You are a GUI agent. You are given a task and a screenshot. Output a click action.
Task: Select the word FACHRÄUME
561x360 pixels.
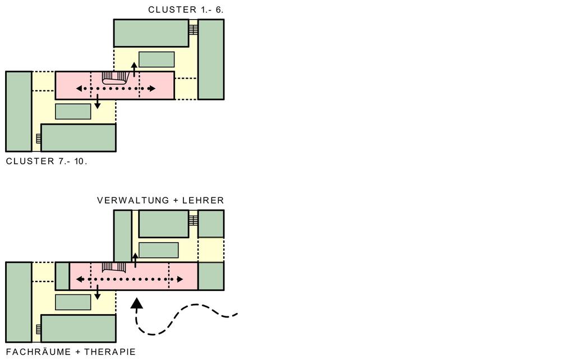pyautogui.click(x=39, y=352)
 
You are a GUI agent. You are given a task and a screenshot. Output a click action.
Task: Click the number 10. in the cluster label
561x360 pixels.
pyautogui.click(x=80, y=161)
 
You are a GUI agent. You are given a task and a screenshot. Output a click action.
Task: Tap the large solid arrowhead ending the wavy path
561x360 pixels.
pyautogui.click(x=136, y=304)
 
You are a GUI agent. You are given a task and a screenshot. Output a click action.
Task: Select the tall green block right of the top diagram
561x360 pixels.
pyautogui.click(x=211, y=59)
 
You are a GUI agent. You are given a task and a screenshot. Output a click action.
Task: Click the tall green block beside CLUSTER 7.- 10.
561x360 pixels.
pyautogui.click(x=19, y=112)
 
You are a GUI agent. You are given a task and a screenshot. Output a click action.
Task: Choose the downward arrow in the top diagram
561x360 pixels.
pyautogui.click(x=98, y=101)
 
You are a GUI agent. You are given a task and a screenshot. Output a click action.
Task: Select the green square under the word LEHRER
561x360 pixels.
pyautogui.click(x=211, y=224)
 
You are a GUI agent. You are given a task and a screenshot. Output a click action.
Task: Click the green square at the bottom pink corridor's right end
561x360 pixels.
pyautogui.click(x=211, y=276)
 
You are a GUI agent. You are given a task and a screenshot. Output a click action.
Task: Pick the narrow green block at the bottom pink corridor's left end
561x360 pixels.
pyautogui.click(x=62, y=276)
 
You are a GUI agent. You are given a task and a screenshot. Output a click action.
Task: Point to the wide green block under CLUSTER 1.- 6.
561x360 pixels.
pyautogui.click(x=151, y=33)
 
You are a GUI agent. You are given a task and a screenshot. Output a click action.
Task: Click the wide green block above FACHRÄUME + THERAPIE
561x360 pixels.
pyautogui.click(x=79, y=328)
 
